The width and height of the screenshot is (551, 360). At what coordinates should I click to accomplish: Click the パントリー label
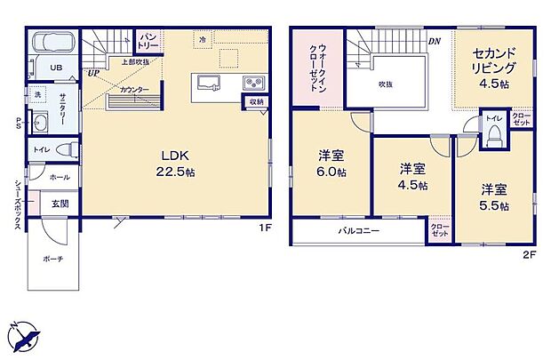pos(148,41)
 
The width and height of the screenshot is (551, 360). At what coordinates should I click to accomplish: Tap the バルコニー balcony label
pos(358,230)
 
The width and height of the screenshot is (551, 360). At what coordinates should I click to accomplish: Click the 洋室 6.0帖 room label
pos(332,164)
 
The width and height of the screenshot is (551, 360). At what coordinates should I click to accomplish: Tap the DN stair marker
pos(434,41)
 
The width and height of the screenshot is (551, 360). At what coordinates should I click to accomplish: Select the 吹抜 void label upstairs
pos(385,84)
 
